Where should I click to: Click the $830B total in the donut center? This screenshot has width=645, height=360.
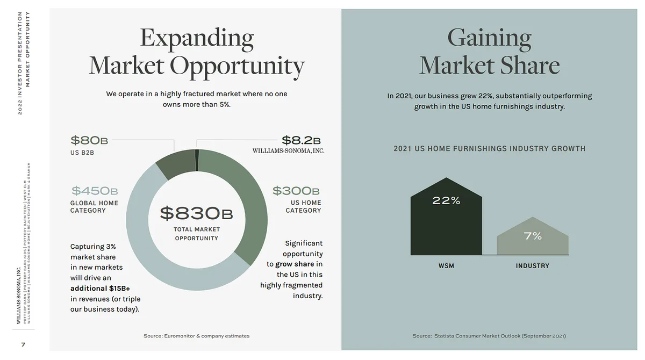196,213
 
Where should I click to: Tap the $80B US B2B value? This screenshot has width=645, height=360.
89,141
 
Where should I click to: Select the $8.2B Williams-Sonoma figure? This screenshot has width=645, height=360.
301,140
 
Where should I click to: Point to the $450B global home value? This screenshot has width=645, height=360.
95,191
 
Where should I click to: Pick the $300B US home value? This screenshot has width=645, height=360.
296,191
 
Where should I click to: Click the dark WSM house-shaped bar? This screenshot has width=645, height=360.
446,226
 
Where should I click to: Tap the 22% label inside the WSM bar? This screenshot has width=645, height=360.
446,201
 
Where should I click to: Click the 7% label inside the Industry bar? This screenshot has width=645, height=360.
533,236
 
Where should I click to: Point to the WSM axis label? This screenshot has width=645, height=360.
446,266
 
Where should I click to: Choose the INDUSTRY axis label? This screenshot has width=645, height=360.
533,266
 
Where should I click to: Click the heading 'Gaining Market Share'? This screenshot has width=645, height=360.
489,52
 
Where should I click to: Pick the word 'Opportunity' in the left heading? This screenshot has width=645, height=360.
237,66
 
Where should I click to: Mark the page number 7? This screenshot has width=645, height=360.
23,344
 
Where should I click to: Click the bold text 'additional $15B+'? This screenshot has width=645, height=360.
101,288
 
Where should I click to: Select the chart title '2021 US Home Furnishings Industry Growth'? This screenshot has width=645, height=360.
489,148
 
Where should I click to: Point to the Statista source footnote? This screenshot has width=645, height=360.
489,336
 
